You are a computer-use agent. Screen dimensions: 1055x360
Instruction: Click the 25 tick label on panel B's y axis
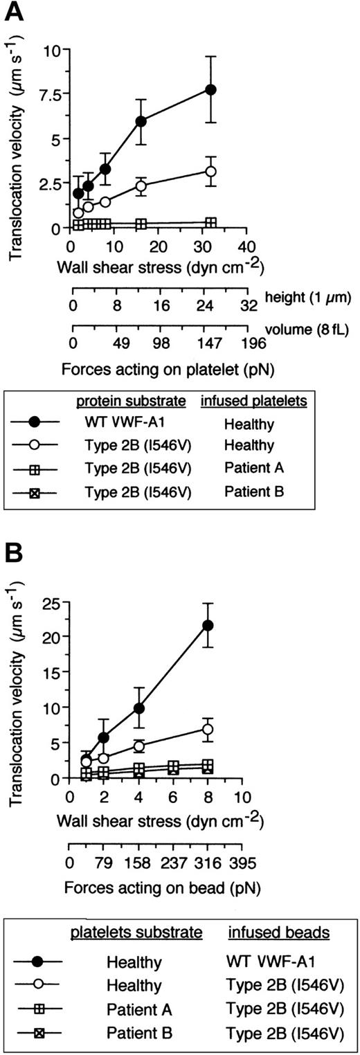(51, 601)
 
